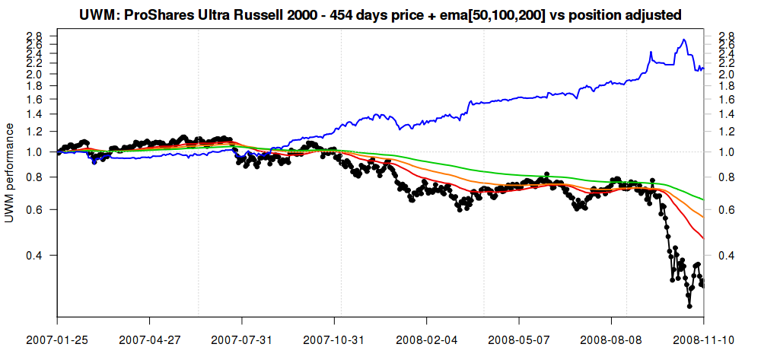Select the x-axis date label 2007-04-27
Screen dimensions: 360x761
(x=150, y=339)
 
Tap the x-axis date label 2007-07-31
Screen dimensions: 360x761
(x=242, y=339)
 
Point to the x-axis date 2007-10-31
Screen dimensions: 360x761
(x=334, y=339)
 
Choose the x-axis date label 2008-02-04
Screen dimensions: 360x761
(x=427, y=339)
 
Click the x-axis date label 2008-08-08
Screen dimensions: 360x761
(x=611, y=339)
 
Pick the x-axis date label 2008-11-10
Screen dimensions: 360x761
(x=702, y=339)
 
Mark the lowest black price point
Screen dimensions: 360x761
(x=689, y=306)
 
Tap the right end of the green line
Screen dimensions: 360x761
(x=703, y=199)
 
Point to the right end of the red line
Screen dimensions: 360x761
(x=703, y=239)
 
